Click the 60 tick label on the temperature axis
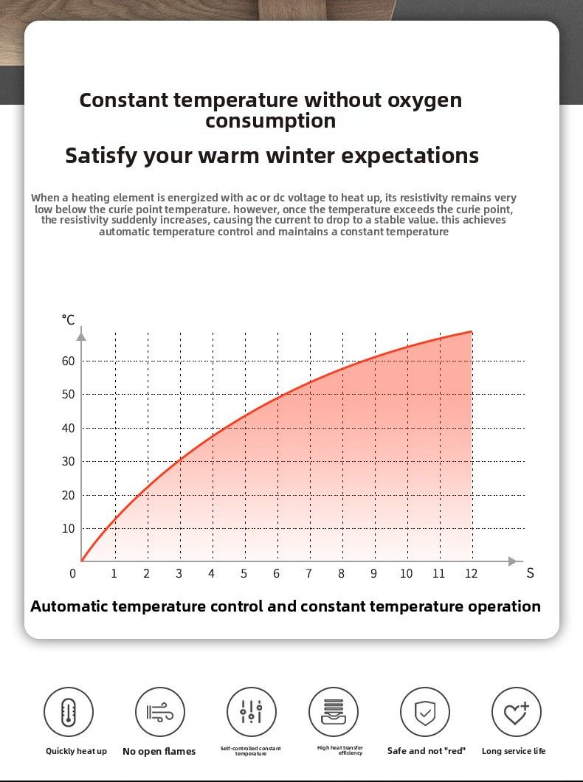pyautogui.click(x=68, y=361)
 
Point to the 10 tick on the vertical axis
pyautogui.click(x=68, y=528)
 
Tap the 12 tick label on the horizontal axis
pyautogui.click(x=471, y=574)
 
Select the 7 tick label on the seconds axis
pyautogui.click(x=309, y=574)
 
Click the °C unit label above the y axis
pyautogui.click(x=68, y=319)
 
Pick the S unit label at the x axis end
pyautogui.click(x=530, y=573)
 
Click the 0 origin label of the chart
pyautogui.click(x=73, y=574)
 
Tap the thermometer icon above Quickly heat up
pyautogui.click(x=69, y=712)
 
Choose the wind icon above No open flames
pyautogui.click(x=160, y=712)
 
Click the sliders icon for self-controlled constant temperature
pyautogui.click(x=252, y=712)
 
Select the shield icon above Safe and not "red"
pyautogui.click(x=425, y=712)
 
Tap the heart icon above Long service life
pyautogui.click(x=516, y=712)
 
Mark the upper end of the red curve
pyautogui.click(x=471, y=332)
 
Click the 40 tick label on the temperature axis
pyautogui.click(x=68, y=428)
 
